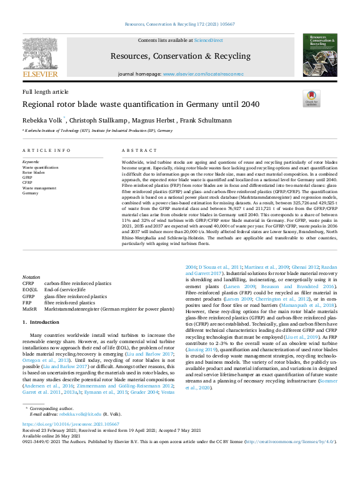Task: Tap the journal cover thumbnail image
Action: [319, 56]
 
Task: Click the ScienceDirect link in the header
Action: [208, 40]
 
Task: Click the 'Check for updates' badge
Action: [311, 97]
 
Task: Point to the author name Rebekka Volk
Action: [42, 120]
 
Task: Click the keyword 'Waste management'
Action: [42, 187]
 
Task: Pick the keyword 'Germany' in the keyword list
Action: [31, 193]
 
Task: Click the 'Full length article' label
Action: [46, 92]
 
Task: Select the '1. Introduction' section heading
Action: [41, 322]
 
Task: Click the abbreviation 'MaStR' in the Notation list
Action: [29, 309]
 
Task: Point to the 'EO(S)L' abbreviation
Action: [30, 290]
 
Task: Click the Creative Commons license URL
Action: [290, 441]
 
